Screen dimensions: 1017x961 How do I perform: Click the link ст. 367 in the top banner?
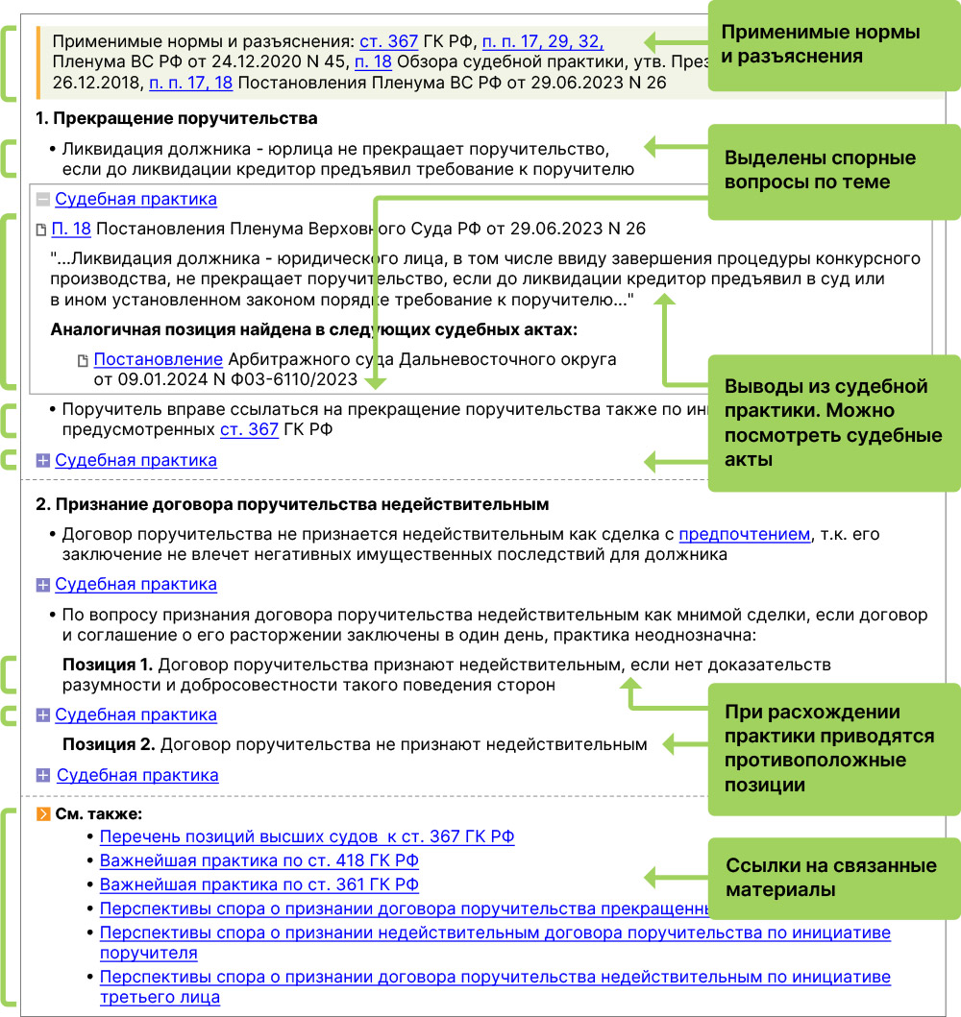(x=388, y=41)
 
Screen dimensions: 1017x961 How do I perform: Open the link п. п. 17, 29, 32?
(x=542, y=41)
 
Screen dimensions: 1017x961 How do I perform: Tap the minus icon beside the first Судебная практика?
(x=42, y=200)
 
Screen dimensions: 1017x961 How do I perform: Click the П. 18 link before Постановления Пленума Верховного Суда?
(x=71, y=229)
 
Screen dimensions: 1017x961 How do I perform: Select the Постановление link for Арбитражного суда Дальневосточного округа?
(x=159, y=359)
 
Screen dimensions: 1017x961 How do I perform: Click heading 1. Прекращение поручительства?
(x=176, y=119)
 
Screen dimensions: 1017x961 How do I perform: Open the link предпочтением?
(x=745, y=534)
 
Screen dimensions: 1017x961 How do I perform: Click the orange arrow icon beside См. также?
(x=42, y=814)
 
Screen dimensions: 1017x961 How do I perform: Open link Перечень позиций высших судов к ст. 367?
(x=307, y=836)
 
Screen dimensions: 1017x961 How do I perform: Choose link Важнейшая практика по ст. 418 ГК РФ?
(x=259, y=860)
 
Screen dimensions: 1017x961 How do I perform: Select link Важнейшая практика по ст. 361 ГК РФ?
(x=259, y=884)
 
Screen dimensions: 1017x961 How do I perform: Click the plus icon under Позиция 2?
(x=42, y=775)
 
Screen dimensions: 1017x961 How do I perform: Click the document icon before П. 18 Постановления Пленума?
(x=40, y=230)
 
